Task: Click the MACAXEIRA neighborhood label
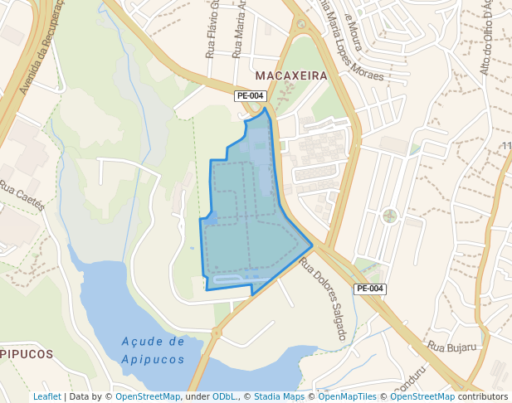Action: tap(291, 75)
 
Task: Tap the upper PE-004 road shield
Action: tap(250, 95)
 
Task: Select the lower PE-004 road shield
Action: tap(369, 289)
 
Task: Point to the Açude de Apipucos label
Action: tap(153, 350)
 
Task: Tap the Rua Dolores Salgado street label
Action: tap(322, 299)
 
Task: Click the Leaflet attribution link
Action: tap(46, 396)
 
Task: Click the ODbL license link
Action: tap(224, 396)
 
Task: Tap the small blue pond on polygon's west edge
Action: tap(211, 217)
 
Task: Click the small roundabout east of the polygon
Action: tap(390, 216)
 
